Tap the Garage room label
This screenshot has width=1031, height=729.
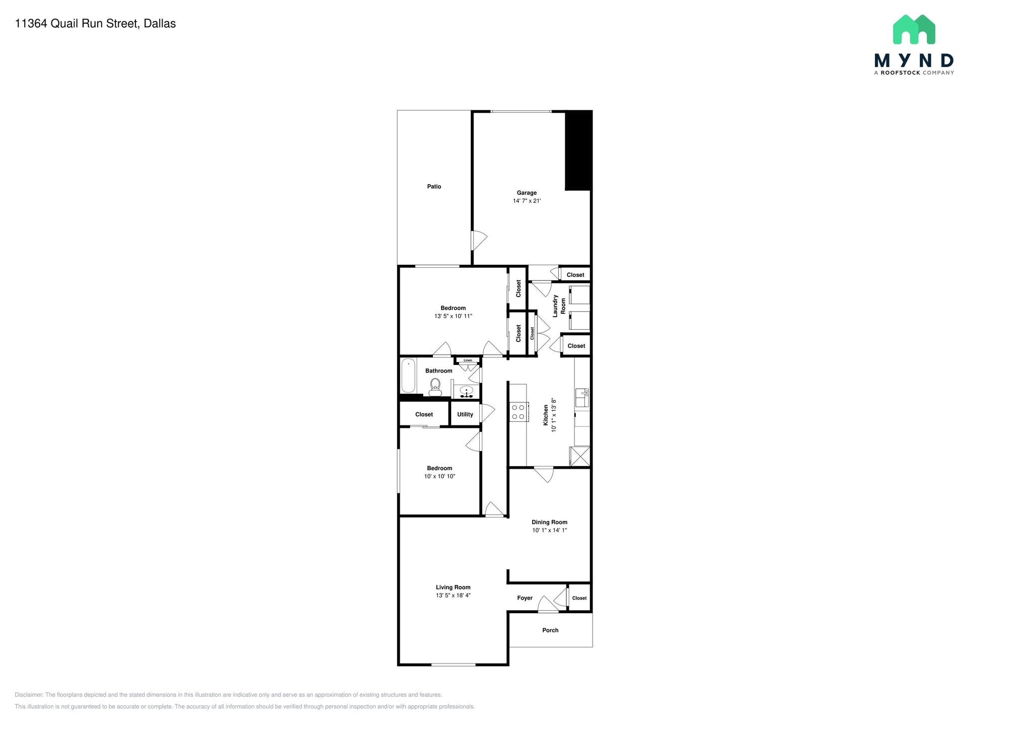527,193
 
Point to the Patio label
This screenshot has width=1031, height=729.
434,187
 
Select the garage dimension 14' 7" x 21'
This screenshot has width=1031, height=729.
527,201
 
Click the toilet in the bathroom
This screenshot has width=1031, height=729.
435,386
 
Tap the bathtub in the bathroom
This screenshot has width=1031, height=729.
408,376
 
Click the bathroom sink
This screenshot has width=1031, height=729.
467,391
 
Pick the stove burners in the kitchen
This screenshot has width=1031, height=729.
518,412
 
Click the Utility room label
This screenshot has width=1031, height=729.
465,414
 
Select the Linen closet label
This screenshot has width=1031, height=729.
468,360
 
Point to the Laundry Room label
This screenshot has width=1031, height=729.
559,306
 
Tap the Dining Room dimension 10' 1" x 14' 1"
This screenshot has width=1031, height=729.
549,530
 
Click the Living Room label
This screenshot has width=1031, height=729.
453,587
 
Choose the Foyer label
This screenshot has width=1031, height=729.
525,598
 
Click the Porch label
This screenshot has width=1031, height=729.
550,630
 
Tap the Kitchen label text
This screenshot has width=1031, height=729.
546,415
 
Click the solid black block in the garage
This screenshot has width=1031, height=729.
578,150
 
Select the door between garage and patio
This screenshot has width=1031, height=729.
478,241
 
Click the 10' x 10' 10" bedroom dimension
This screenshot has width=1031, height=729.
439,476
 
